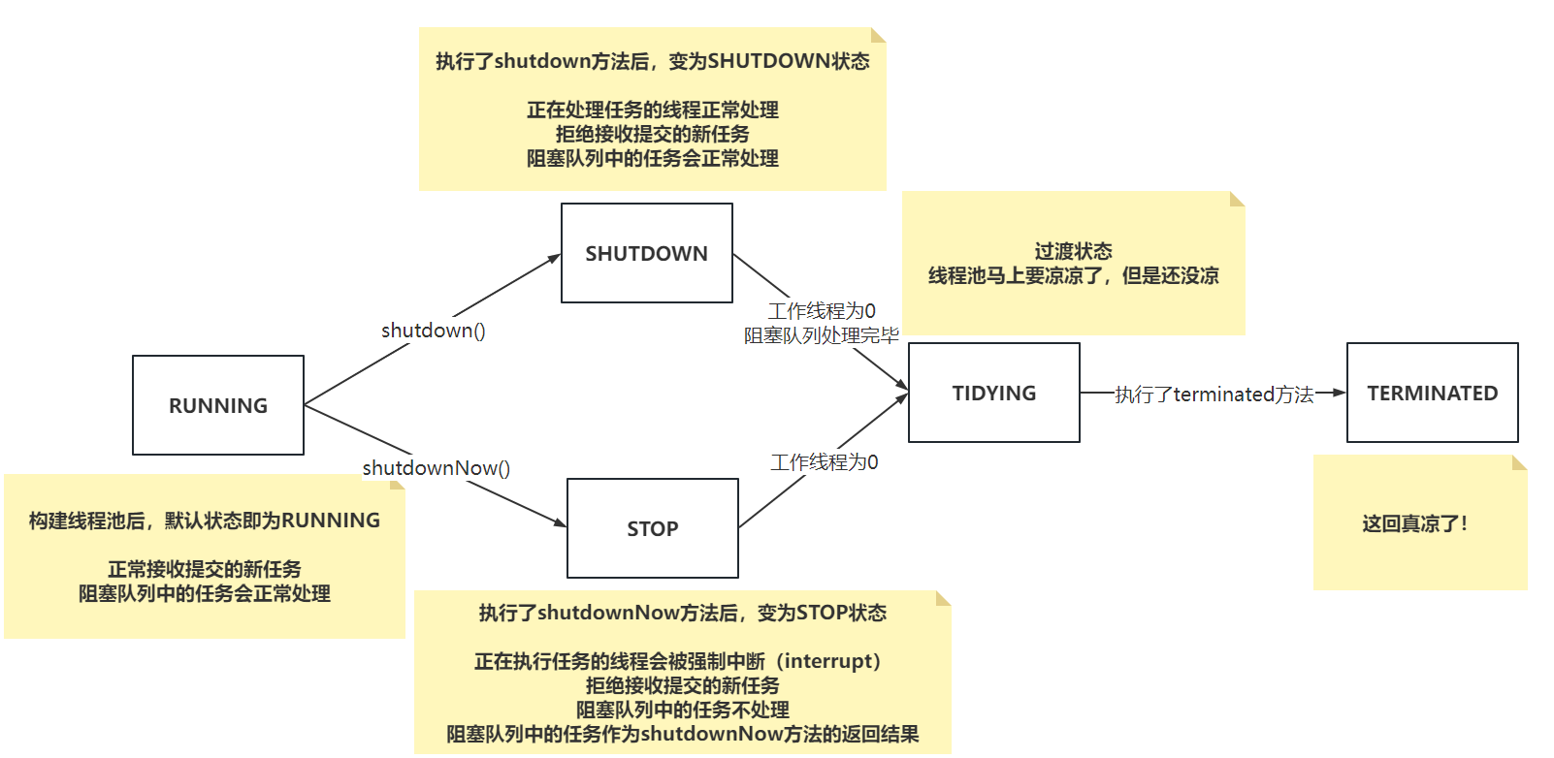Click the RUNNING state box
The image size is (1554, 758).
pos(218,405)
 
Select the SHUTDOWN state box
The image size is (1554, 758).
pos(646,253)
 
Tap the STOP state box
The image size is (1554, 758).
pos(652,528)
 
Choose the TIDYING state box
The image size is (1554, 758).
pos(993,393)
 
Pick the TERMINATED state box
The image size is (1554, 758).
pos(1432,393)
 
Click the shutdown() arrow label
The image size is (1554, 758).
pos(433,331)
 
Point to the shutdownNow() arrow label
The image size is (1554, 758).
pos(436,468)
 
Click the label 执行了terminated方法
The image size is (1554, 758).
pos(1214,394)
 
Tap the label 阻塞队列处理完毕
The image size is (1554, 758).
pos(821,335)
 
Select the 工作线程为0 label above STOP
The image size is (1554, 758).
pos(824,462)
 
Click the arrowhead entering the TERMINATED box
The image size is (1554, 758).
pos(1340,393)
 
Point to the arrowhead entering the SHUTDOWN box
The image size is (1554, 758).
pos(554,258)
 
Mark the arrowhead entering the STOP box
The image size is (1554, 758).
pos(560,523)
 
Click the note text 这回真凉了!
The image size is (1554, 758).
pos(1414,524)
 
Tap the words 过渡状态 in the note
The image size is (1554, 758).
pos(1073,251)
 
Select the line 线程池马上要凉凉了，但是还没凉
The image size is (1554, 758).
pos(1073,275)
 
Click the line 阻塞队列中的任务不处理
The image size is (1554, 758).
pos(682,710)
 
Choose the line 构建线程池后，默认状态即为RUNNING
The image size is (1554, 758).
pos(204,521)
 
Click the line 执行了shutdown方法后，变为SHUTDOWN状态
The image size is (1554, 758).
pos(652,61)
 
